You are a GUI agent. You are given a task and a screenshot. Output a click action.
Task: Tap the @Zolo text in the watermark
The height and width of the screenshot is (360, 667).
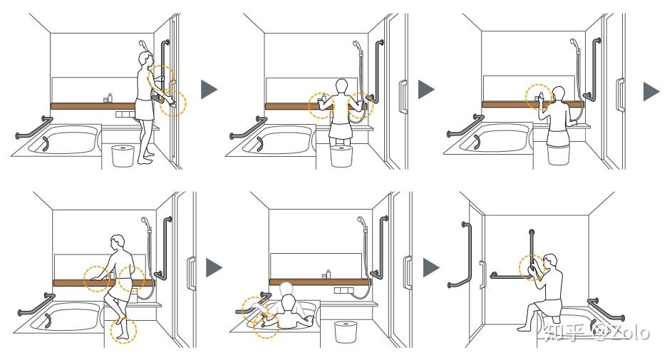tap(621, 331)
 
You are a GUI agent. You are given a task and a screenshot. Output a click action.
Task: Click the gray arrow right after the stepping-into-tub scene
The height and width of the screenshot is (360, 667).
tap(214, 267)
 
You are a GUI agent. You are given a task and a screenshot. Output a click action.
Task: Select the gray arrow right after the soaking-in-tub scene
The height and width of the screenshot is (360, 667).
tap(431, 267)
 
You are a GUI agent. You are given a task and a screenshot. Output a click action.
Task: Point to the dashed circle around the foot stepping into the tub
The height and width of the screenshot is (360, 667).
tap(123, 329)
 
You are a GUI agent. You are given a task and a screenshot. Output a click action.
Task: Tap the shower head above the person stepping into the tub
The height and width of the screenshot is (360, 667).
tap(145, 220)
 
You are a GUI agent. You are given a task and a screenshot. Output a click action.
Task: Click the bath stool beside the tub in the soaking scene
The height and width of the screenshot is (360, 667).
tap(346, 332)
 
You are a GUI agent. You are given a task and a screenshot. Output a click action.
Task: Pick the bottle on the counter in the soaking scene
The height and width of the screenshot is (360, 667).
tap(328, 274)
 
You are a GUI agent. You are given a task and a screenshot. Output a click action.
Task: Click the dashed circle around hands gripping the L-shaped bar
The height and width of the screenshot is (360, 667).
tap(532, 267)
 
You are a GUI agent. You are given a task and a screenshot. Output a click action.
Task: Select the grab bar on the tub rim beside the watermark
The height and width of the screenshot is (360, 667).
tap(606, 309)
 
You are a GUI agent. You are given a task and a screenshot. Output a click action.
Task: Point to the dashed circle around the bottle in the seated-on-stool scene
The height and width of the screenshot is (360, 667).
tap(539, 97)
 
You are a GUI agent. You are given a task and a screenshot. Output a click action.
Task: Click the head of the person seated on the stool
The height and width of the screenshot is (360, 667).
tap(559, 93)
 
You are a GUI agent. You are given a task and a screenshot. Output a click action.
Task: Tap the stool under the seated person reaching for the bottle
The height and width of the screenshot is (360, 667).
tap(559, 154)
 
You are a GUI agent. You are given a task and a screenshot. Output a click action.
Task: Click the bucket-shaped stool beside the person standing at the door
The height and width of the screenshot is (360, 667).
tap(123, 155)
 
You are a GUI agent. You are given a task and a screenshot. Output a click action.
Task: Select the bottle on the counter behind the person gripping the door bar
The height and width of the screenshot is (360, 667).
tap(110, 98)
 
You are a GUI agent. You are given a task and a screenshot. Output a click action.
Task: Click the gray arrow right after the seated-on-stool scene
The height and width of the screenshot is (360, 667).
tap(651, 91)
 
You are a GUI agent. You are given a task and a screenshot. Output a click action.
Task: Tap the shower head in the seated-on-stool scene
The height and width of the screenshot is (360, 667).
tap(574, 43)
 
